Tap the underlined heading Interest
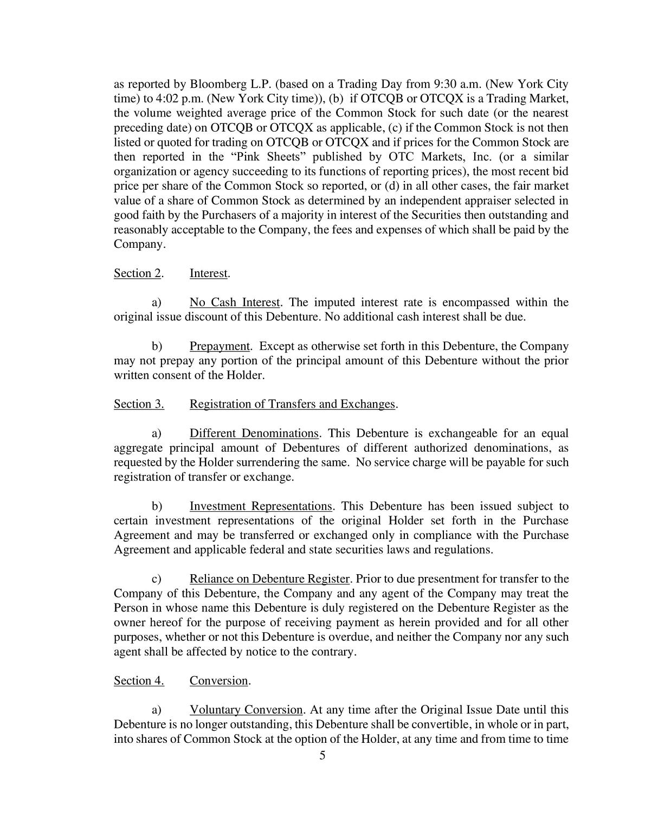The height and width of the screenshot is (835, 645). click(x=209, y=273)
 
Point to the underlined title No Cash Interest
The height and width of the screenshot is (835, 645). click(x=235, y=303)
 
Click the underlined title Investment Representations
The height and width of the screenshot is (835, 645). click(x=261, y=506)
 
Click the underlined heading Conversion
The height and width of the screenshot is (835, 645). click(x=219, y=681)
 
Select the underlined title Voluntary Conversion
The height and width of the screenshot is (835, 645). click(x=246, y=710)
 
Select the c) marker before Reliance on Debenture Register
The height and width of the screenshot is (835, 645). click(x=157, y=579)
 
